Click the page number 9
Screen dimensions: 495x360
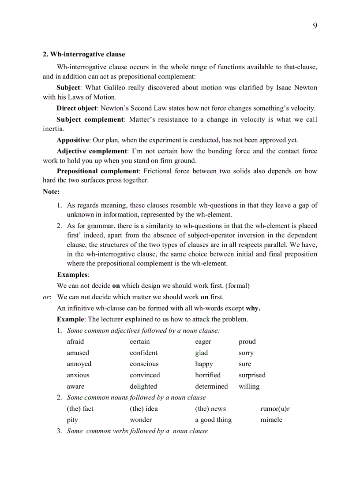tap(315, 26)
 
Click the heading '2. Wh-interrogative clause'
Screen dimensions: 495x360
tap(84, 54)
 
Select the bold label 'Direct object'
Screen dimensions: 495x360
tap(76, 108)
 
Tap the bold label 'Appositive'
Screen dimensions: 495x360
tap(73, 140)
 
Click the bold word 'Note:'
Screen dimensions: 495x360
tap(51, 191)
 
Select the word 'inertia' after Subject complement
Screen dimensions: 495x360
tap(53, 129)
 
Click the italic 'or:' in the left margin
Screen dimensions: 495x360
tap(47, 297)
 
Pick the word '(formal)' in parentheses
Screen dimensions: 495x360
tap(238, 286)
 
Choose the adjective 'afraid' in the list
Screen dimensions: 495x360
tap(75, 342)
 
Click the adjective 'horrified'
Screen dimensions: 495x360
tap(208, 375)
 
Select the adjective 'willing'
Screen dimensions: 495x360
tap(249, 387)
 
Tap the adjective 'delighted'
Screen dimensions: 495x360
tap(143, 387)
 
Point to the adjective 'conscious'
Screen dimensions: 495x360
tap(144, 364)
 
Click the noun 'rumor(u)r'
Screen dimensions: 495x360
tap(275, 409)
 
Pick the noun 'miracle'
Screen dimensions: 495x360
tap(271, 420)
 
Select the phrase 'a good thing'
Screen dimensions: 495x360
tap(213, 420)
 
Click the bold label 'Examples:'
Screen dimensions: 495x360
tap(73, 275)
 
